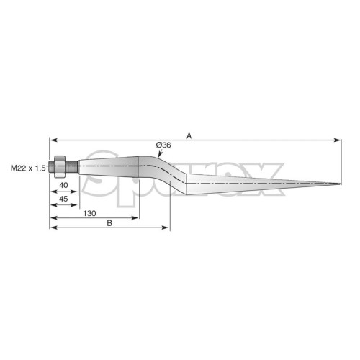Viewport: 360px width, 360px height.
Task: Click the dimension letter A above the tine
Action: pyautogui.click(x=189, y=136)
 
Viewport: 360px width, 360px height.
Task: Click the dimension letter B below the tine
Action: pyautogui.click(x=109, y=223)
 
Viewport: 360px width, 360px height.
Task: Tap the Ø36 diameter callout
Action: pyautogui.click(x=163, y=145)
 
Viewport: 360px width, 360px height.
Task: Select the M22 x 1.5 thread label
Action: pyautogui.click(x=28, y=168)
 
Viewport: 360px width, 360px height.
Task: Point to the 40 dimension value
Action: pyautogui.click(x=63, y=185)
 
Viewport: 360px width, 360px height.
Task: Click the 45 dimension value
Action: pyautogui.click(x=63, y=199)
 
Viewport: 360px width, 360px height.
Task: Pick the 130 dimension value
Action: pyautogui.click(x=89, y=213)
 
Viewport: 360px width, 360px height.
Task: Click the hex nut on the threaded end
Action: pyautogui.click(x=60, y=166)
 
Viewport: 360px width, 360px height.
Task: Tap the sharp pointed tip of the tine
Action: pyautogui.click(x=341, y=184)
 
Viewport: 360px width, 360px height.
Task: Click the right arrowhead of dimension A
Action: pyautogui.click(x=338, y=140)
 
